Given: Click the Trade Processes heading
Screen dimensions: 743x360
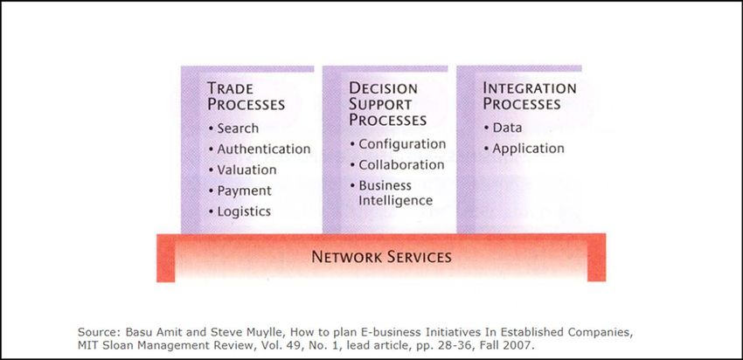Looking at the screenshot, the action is coord(246,96).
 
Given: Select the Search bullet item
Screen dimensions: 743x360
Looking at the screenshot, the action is coord(233,128).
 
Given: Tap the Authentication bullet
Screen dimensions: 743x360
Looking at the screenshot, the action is coord(260,149).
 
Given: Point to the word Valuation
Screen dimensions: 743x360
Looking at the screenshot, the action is coord(247,170).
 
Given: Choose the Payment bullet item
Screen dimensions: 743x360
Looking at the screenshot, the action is coord(240,190).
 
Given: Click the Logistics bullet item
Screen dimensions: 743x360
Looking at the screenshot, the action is coord(240,211).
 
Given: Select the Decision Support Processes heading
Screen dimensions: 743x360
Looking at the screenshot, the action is coord(387,104).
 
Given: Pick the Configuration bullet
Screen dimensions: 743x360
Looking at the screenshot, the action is coord(398,144).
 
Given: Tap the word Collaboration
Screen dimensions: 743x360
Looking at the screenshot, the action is coord(401,165).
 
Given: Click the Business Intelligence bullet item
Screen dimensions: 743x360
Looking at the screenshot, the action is coord(392,193).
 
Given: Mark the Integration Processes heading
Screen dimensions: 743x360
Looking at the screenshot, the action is coord(530,96).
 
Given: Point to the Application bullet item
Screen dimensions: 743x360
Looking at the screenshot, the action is coord(524,149).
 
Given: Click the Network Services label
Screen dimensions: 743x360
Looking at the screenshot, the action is coord(381,257).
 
